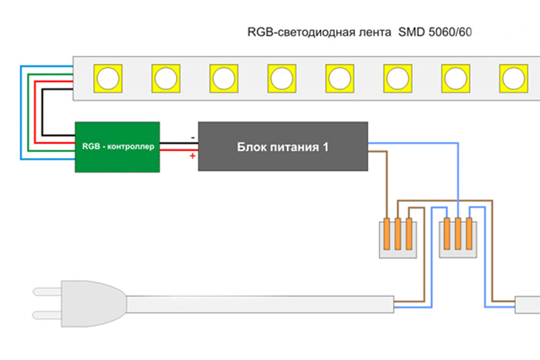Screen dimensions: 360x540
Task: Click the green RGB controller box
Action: click(x=116, y=146)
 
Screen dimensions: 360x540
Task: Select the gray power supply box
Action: click(x=282, y=146)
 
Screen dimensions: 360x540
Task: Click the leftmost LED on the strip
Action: click(x=106, y=77)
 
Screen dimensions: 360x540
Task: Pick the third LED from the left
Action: click(x=223, y=77)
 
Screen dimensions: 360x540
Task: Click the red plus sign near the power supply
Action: click(x=191, y=156)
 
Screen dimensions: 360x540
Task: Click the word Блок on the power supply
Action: click(x=251, y=146)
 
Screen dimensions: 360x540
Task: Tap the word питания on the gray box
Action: click(x=293, y=146)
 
